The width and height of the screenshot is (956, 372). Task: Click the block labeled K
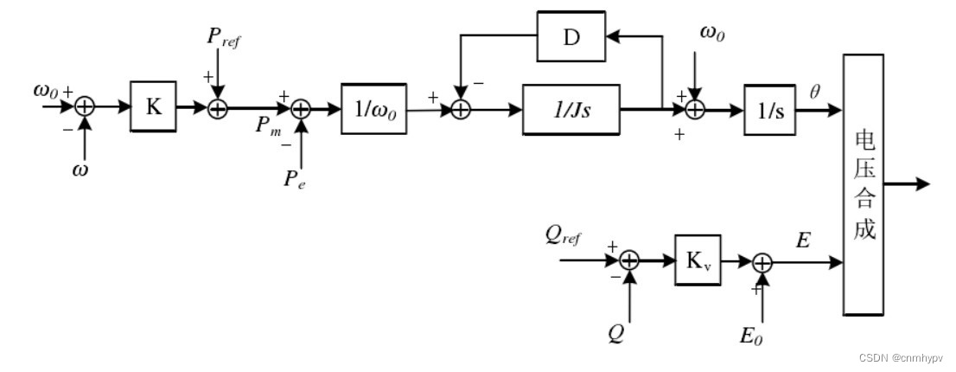coord(153,106)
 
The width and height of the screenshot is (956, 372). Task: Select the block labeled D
coord(570,36)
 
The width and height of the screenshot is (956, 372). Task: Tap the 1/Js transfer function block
coord(570,109)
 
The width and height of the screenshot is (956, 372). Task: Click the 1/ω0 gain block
coord(373,109)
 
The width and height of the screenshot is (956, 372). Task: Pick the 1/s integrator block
coord(769,110)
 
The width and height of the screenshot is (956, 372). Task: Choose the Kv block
coord(698,260)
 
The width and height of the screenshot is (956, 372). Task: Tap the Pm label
coord(268,126)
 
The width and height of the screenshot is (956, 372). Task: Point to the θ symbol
coord(814,90)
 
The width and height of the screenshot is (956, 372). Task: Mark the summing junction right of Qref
coord(629,260)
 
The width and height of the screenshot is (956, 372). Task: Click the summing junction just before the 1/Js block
coord(461,110)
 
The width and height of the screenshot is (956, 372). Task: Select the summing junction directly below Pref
coord(219,108)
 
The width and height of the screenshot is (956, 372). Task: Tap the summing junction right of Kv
coord(762,262)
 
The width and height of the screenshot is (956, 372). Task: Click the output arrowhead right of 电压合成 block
coord(922,183)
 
